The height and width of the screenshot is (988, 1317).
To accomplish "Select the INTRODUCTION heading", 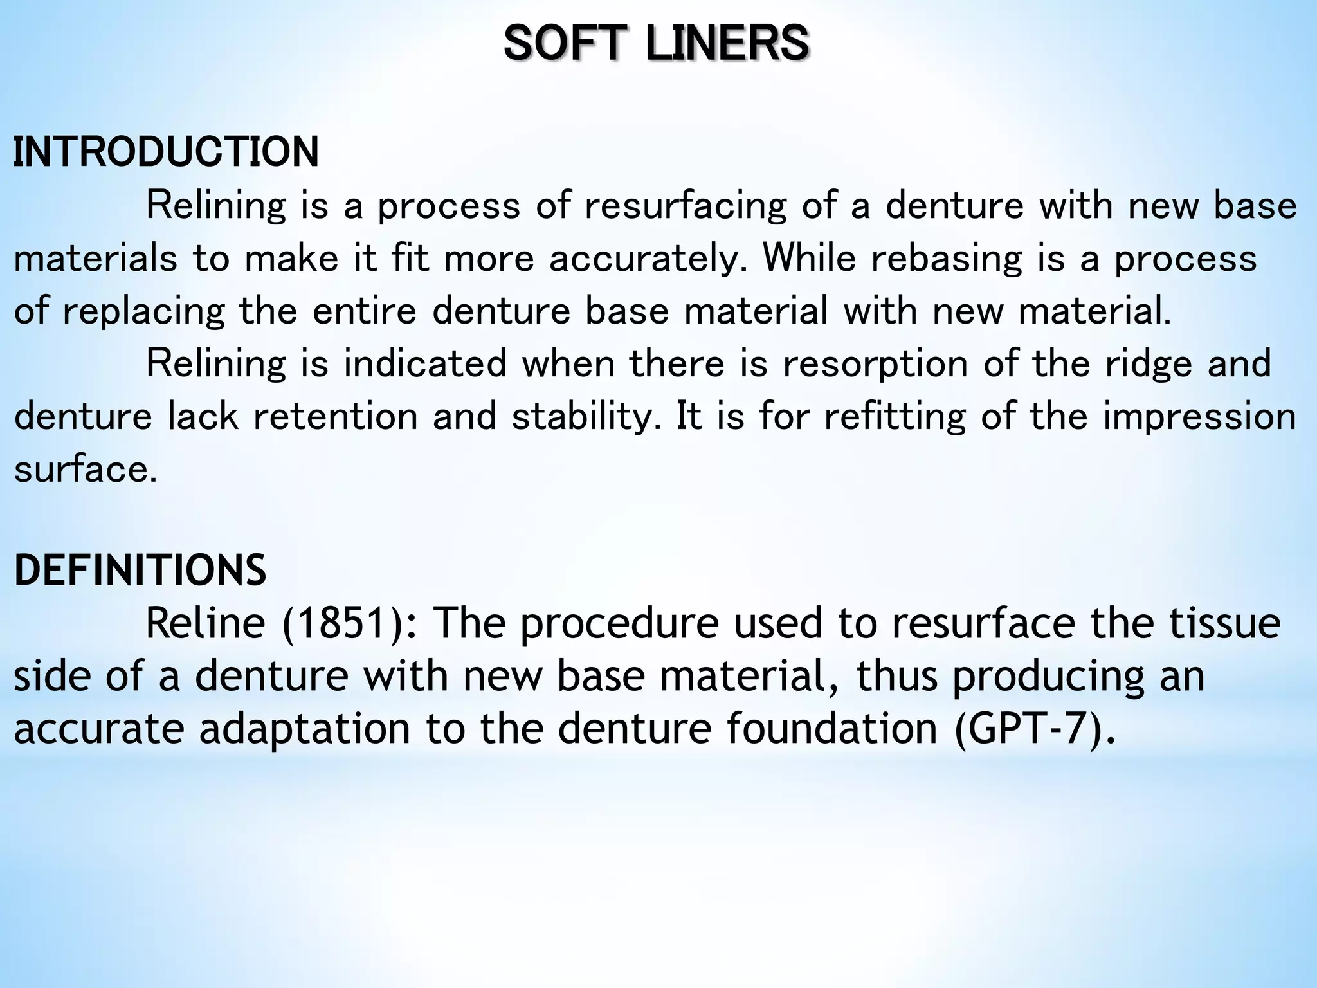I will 166,152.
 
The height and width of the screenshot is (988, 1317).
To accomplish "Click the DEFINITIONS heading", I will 140,571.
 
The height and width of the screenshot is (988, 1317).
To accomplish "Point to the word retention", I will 335,416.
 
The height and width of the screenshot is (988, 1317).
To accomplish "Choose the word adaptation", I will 304,729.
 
